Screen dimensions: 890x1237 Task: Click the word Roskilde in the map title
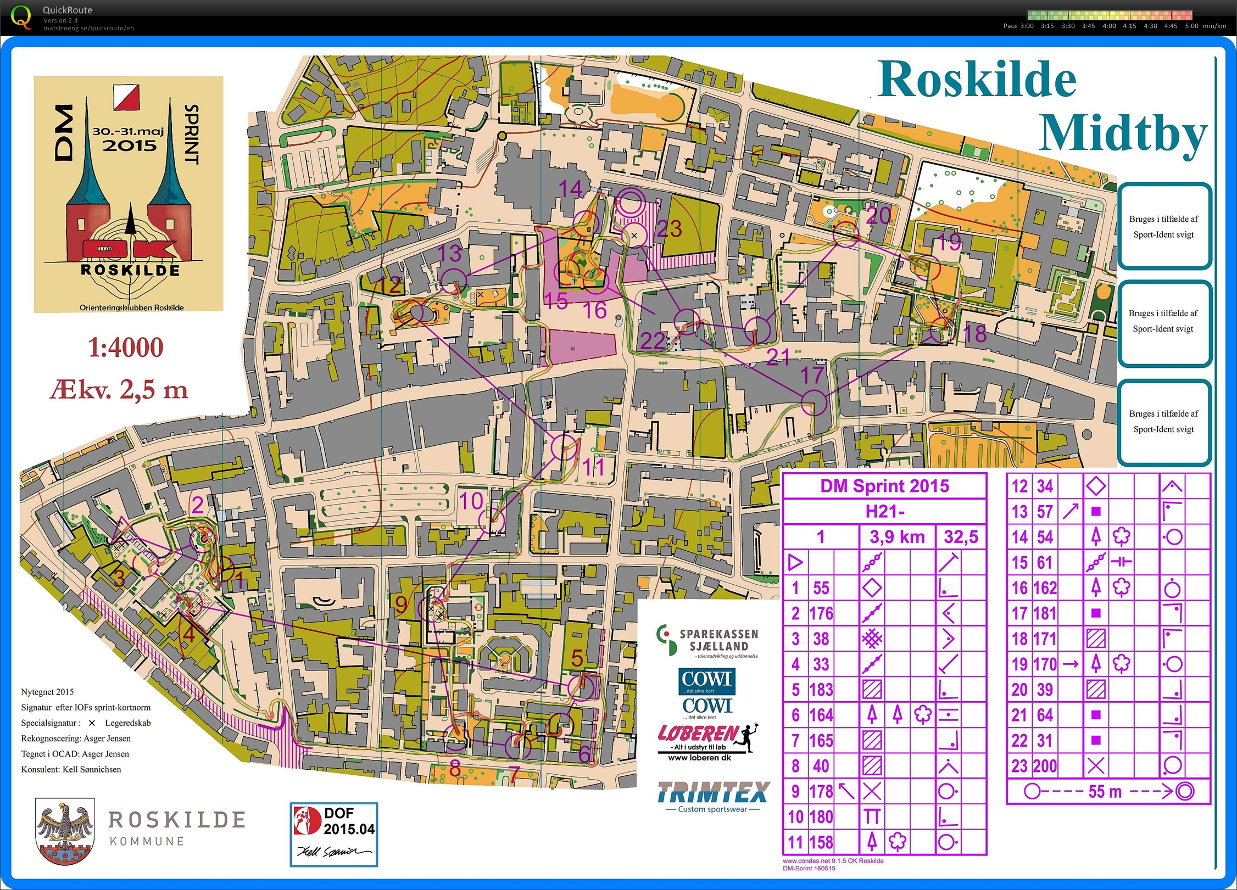(977, 80)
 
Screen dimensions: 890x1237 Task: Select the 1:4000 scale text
(126, 348)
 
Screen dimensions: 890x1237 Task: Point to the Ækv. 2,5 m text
(119, 390)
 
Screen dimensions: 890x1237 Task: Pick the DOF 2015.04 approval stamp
(334, 834)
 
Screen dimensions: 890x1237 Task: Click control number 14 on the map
(570, 189)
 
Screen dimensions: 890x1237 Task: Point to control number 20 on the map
(878, 216)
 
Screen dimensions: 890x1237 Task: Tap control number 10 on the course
(471, 501)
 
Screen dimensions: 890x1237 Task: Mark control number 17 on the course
(811, 376)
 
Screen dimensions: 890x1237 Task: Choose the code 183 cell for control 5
(821, 690)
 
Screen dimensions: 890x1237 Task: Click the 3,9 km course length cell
(897, 537)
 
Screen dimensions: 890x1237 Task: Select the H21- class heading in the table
(885, 512)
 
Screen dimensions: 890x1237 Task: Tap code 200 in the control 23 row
(1045, 766)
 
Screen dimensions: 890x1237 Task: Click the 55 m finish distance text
(1105, 792)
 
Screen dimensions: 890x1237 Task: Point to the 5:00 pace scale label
(1191, 26)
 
